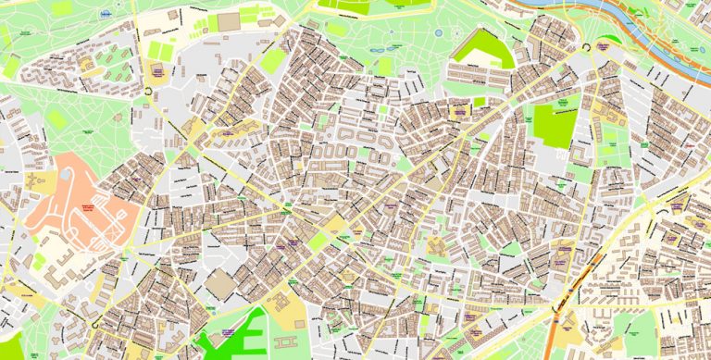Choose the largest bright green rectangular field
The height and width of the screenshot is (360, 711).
tap(555, 126)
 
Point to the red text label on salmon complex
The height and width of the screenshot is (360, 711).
tap(90, 209)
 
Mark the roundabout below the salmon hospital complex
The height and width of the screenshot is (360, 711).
tap(96, 323)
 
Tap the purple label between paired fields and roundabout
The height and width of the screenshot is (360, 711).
tap(157, 70)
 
